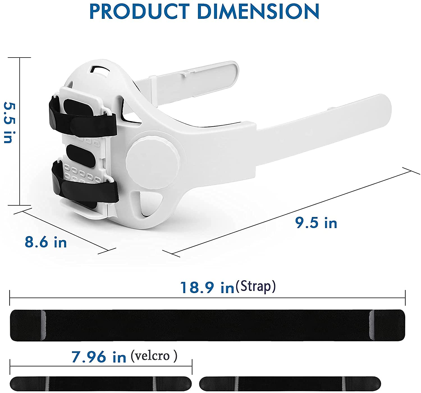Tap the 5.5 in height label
pos(10,122)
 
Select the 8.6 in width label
pos(45,242)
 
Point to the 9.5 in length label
pos(316,223)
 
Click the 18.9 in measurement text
pos(207,288)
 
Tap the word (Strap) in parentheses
pos(256,286)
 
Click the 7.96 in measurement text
pos(99,357)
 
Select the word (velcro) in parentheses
pos(154,356)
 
